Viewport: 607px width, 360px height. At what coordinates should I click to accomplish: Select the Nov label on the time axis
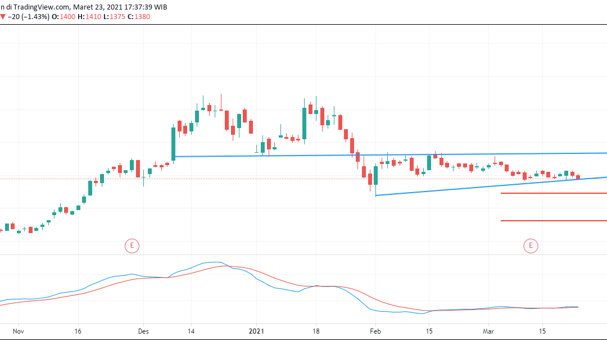(19, 332)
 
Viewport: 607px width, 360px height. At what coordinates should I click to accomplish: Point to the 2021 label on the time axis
(256, 332)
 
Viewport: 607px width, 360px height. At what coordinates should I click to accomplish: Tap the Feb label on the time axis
(375, 332)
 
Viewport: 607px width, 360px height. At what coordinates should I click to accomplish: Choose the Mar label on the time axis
(488, 332)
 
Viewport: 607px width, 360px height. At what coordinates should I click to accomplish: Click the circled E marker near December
(131, 245)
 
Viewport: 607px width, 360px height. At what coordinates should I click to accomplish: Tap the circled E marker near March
(530, 245)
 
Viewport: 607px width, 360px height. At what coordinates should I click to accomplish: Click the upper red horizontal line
(554, 193)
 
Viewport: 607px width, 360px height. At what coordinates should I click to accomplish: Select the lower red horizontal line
(554, 221)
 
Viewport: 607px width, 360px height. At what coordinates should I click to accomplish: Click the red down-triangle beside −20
(3, 17)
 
